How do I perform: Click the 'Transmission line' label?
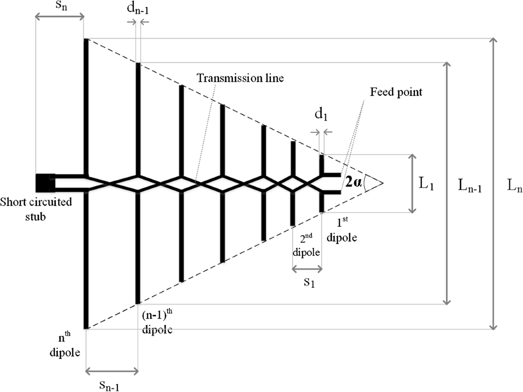pyautogui.click(x=240, y=78)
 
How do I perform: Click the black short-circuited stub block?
pyautogui.click(x=45, y=182)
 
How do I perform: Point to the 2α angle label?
pyautogui.click(x=354, y=182)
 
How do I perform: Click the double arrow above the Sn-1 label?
pyautogui.click(x=112, y=372)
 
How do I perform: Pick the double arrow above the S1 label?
pyautogui.click(x=307, y=269)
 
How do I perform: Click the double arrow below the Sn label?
pyautogui.click(x=59, y=17)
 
